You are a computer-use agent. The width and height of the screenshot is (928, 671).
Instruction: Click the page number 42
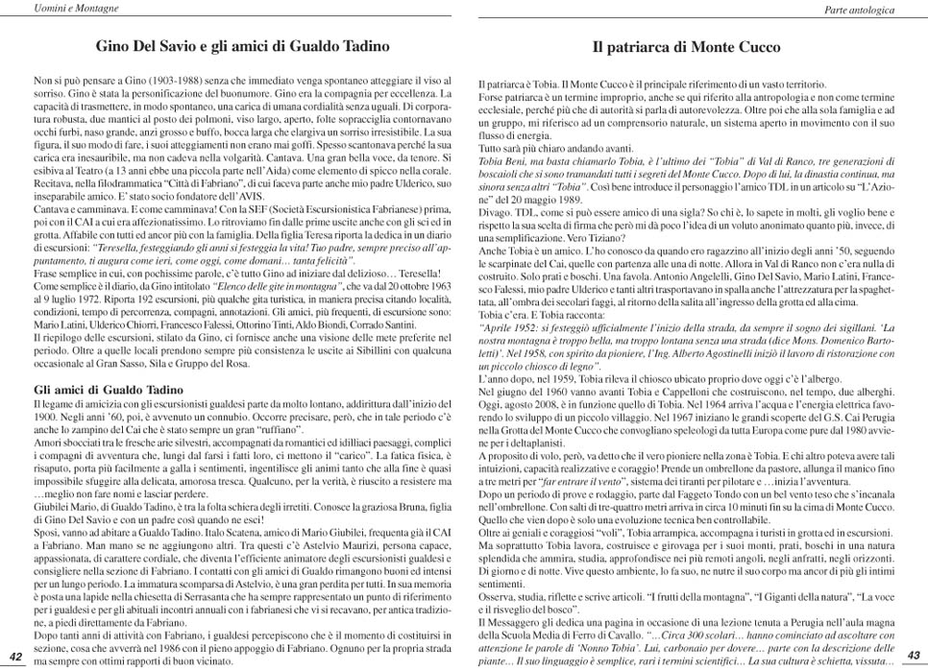click(15, 656)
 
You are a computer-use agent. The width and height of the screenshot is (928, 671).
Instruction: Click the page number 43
click(913, 655)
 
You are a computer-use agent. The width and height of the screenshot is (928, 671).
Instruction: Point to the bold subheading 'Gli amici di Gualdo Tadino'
click(100, 391)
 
